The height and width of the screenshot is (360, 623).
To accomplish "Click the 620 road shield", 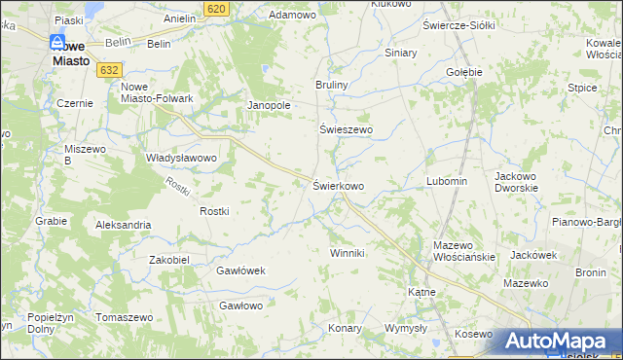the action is tap(217, 8).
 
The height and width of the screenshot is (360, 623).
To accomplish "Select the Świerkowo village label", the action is tap(338, 185).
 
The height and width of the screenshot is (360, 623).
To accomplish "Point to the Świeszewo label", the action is tap(347, 128).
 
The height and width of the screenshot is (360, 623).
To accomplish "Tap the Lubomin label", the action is tap(447, 181).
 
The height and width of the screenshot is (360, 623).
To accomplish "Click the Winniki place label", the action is tap(347, 253).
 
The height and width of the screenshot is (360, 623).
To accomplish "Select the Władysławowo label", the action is tap(180, 157).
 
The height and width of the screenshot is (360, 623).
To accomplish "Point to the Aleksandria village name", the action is tap(123, 225).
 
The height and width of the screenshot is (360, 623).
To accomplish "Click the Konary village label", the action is tap(344, 328).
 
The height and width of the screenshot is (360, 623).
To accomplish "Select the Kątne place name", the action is tap(420, 291).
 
